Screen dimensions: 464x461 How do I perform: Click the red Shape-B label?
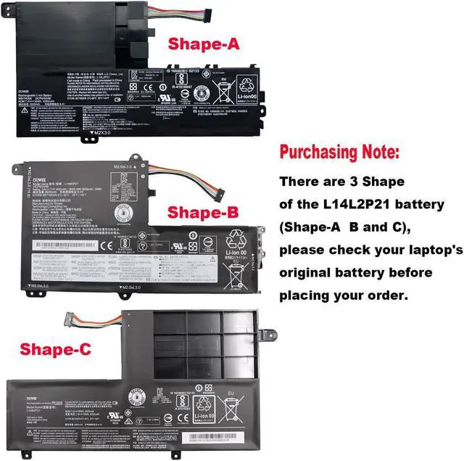pos(199,213)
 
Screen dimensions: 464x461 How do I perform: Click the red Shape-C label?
pos(56,350)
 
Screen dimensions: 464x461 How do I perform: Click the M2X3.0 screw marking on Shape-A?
pos(102,133)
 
